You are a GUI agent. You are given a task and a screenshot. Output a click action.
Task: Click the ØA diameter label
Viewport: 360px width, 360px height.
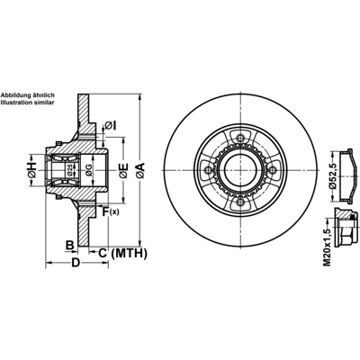tap(140, 171)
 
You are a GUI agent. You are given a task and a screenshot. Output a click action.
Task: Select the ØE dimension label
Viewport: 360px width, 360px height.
tap(123, 171)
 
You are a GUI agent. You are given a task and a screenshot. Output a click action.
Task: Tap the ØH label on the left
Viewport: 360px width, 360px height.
tap(31, 170)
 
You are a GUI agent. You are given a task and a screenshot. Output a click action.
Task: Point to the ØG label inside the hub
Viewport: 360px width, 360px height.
tap(87, 170)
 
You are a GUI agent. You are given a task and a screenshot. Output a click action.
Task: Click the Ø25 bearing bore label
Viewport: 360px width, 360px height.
tap(69, 170)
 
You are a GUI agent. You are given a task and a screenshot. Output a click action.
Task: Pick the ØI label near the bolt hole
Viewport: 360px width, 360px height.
tap(111, 126)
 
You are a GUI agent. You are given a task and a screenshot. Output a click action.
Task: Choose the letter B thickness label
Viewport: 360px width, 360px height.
tap(70, 245)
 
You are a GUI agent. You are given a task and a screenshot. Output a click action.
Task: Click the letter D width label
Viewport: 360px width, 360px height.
tap(76, 263)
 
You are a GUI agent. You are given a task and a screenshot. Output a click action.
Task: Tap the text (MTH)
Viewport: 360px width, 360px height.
tap(130, 254)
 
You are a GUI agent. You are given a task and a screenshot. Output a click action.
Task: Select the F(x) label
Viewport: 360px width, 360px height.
tap(111, 211)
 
